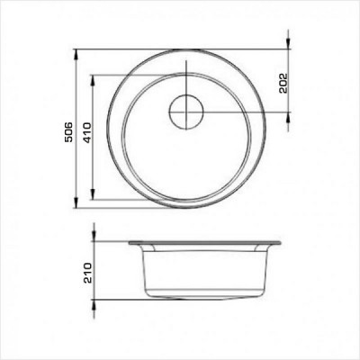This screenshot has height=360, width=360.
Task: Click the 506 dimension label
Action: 69,132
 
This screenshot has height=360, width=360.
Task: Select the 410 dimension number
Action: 87,132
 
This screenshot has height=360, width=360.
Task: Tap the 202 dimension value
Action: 283,83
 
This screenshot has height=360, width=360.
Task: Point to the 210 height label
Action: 87,273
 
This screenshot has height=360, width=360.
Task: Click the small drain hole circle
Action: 186,112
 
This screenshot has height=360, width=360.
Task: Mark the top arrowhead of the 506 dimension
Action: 76,55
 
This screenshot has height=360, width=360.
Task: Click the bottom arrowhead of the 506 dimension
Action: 76,202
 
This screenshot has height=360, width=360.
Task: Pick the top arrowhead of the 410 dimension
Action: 94,80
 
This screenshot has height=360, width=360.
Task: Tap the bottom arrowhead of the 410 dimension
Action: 94,193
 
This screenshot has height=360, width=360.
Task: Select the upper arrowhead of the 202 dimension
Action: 288,43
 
